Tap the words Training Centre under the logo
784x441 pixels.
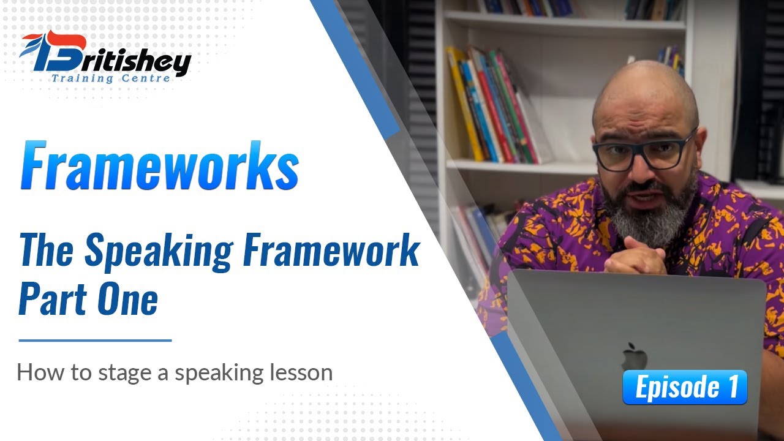(110, 78)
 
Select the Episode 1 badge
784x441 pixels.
(685, 388)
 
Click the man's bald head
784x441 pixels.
(643, 92)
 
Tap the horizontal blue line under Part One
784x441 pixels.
(95, 340)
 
